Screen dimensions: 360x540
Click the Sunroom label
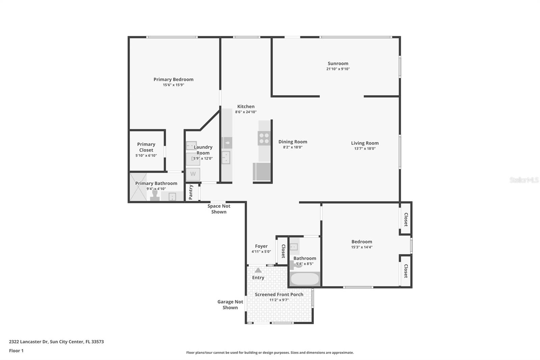pyautogui.click(x=338, y=63)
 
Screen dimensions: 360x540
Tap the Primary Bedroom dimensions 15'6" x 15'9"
pyautogui.click(x=173, y=85)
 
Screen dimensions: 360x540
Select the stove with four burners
pyautogui.click(x=264, y=138)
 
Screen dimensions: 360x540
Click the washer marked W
pyautogui.click(x=193, y=174)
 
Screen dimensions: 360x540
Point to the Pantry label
pyautogui.click(x=191, y=192)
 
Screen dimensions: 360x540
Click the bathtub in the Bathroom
pyautogui.click(x=305, y=279)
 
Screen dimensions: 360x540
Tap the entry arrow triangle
pyautogui.click(x=258, y=270)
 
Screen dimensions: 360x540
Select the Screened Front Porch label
pyautogui.click(x=279, y=294)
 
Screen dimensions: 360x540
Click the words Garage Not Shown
pyautogui.click(x=230, y=305)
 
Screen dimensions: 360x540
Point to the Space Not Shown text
pyautogui.click(x=219, y=209)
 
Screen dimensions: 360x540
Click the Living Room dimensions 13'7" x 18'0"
pyautogui.click(x=364, y=149)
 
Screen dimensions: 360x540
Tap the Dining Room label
pyautogui.click(x=293, y=142)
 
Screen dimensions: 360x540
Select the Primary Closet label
pyautogui.click(x=146, y=147)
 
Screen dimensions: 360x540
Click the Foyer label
pyautogui.click(x=261, y=246)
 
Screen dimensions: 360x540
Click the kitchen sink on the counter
pyautogui.click(x=226, y=157)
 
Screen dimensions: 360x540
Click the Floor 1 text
pyautogui.click(x=16, y=351)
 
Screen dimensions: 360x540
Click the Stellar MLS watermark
pyautogui.click(x=524, y=180)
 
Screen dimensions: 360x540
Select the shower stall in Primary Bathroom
pyautogui.click(x=138, y=187)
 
